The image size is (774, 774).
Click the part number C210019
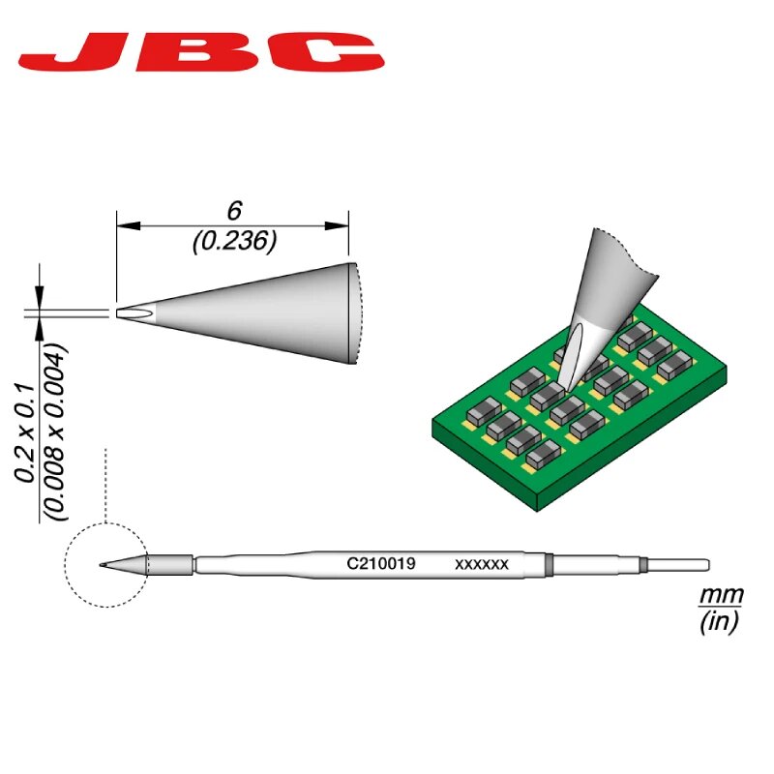[x=381, y=563]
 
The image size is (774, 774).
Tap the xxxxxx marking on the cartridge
[x=481, y=563]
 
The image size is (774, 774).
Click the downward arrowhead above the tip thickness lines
[x=40, y=299]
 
